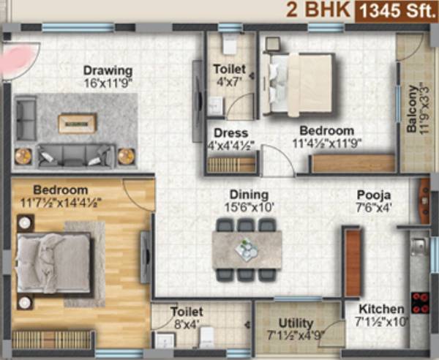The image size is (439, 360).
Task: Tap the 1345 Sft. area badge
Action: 396,10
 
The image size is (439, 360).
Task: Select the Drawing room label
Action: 108,71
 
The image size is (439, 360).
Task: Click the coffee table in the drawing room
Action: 77,122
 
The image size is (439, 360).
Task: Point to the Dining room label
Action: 244,195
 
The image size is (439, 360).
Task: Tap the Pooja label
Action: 373,195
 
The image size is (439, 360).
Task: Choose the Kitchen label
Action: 381,309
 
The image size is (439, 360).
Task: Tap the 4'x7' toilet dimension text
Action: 228,82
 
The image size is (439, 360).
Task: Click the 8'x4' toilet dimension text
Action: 187,323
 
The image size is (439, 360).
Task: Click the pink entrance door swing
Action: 20,60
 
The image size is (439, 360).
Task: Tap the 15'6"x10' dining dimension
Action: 244,207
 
